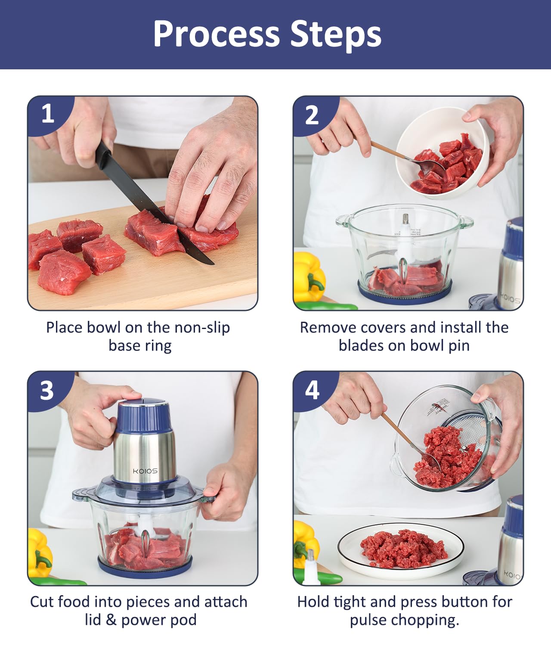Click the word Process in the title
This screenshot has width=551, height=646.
216,34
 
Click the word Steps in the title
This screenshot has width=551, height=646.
336,35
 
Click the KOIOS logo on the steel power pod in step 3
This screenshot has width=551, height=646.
145,471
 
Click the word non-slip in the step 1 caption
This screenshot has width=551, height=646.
202,328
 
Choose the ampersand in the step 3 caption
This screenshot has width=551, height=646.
111,620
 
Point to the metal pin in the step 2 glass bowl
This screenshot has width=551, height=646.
406,219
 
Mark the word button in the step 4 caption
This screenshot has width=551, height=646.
457,602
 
